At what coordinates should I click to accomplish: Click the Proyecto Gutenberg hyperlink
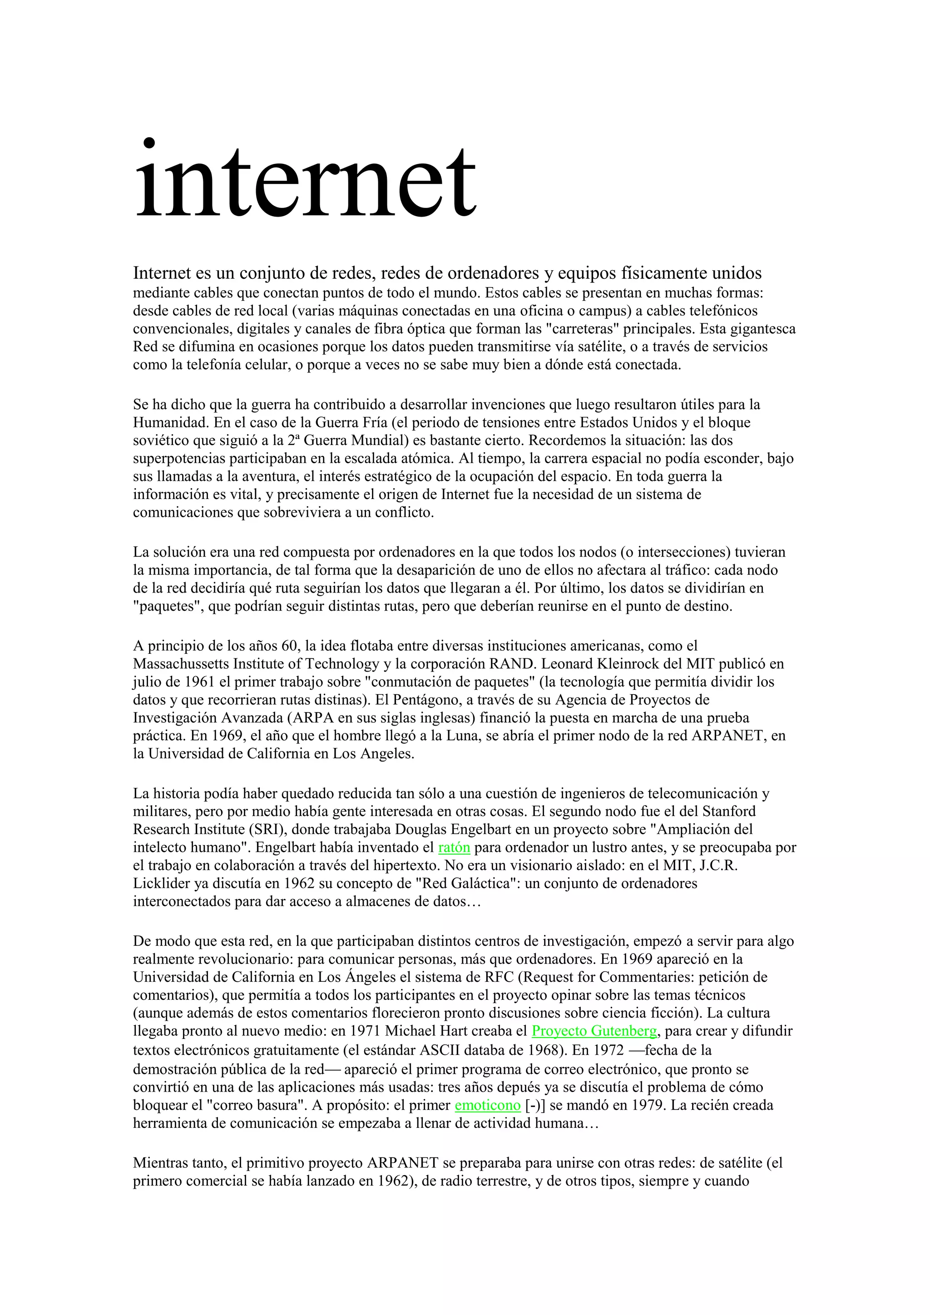(x=594, y=1031)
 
